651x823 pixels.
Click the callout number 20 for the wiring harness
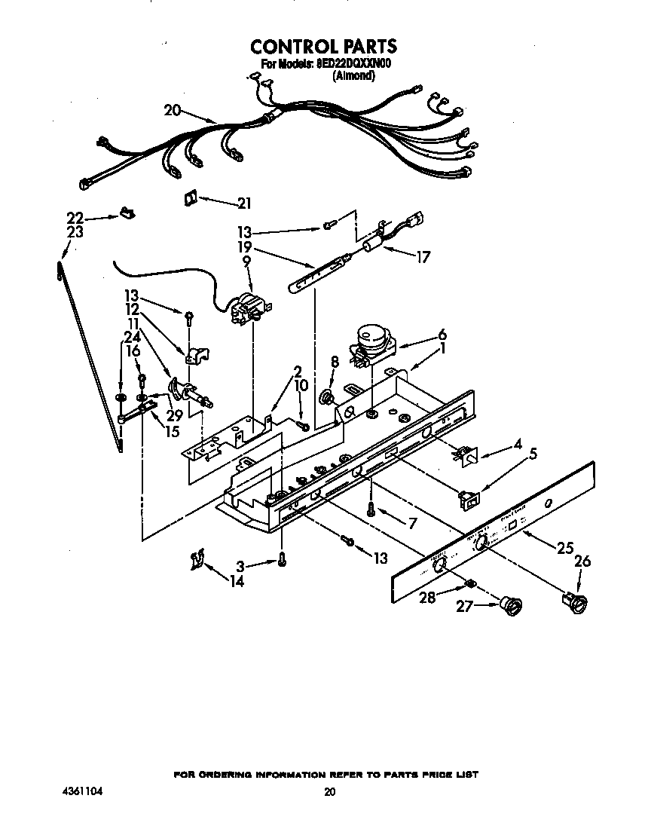click(173, 110)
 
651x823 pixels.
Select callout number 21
click(244, 203)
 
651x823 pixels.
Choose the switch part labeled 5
click(469, 497)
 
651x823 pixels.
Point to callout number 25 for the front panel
click(564, 549)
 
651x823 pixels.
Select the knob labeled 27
click(512, 604)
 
